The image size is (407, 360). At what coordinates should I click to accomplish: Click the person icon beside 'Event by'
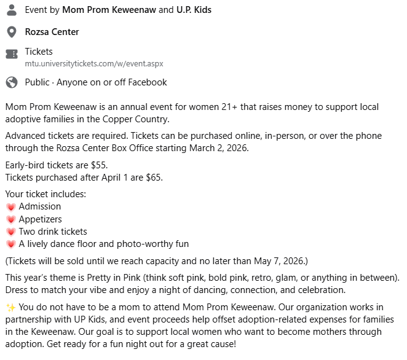[x=11, y=10]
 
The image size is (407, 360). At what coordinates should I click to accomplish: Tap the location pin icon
[x=11, y=31]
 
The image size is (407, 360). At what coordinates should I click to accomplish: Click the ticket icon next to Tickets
[x=11, y=54]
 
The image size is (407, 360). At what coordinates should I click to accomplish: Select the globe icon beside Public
[x=11, y=82]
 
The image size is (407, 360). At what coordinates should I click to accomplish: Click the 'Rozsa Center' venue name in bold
[x=52, y=31]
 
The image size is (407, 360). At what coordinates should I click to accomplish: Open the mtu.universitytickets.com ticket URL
[x=93, y=63]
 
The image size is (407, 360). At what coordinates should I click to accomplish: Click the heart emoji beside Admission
[x=10, y=207]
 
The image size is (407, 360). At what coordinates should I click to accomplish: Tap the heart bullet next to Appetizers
[x=10, y=219]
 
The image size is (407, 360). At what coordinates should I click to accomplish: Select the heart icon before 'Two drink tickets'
[x=10, y=232]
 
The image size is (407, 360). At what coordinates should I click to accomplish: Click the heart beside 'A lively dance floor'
[x=10, y=244]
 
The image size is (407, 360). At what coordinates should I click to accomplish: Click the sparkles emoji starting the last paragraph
[x=10, y=307]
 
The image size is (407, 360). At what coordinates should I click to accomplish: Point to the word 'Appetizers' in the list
[x=41, y=219]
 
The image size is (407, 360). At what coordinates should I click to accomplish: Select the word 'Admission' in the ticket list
[x=40, y=207]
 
